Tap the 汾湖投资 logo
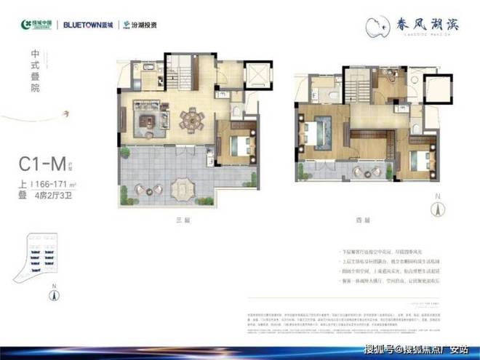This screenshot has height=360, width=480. click(138, 23)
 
